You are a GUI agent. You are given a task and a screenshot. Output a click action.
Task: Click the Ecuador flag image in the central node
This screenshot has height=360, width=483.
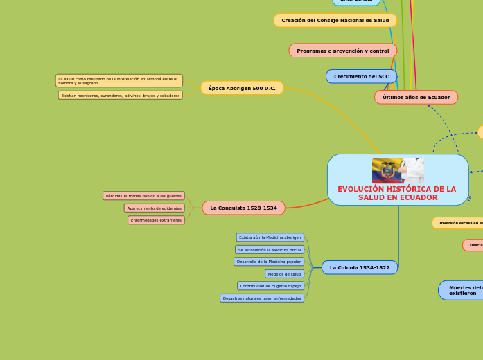click(x=388, y=170)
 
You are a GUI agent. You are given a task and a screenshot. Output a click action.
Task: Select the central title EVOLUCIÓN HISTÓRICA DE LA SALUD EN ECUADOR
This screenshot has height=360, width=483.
click(x=397, y=193)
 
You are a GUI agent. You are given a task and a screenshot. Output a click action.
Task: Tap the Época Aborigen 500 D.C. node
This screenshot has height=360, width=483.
click(x=242, y=88)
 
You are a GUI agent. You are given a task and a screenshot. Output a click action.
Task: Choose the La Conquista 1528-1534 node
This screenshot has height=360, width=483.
click(x=243, y=208)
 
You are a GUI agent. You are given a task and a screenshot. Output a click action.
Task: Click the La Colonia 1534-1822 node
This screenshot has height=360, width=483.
click(x=360, y=267)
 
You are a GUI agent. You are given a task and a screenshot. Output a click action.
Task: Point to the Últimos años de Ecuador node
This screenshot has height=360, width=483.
click(x=416, y=97)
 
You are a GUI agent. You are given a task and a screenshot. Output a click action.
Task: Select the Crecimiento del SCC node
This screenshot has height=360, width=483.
click(x=361, y=76)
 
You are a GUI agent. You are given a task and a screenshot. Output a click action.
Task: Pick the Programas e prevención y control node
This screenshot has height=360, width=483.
click(x=342, y=51)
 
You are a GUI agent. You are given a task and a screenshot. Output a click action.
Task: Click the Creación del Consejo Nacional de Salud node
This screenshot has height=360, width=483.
click(x=335, y=21)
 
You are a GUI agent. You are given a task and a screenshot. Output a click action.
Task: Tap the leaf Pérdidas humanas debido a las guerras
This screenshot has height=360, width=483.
click(x=143, y=196)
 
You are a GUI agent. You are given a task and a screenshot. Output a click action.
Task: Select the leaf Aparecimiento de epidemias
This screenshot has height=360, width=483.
click(x=154, y=208)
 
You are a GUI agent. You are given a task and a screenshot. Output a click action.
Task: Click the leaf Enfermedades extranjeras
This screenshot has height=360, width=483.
click(x=156, y=220)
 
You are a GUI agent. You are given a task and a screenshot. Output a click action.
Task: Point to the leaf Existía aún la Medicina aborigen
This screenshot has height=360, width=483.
click(x=270, y=237)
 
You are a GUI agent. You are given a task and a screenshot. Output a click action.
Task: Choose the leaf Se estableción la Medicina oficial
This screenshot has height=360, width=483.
click(x=269, y=249)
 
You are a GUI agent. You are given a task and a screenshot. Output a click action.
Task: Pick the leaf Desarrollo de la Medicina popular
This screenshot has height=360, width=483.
click(x=268, y=262)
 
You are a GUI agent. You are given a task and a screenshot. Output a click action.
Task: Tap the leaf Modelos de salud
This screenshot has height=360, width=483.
click(x=284, y=273)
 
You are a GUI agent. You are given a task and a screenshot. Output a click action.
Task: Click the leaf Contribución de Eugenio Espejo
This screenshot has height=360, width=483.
click(x=270, y=286)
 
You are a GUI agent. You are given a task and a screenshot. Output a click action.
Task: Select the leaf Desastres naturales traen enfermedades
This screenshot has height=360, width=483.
click(x=262, y=298)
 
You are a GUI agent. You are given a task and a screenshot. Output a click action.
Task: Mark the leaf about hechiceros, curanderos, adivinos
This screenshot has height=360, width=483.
click(x=120, y=96)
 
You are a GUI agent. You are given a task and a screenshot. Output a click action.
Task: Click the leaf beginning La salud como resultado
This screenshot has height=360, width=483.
click(x=118, y=81)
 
